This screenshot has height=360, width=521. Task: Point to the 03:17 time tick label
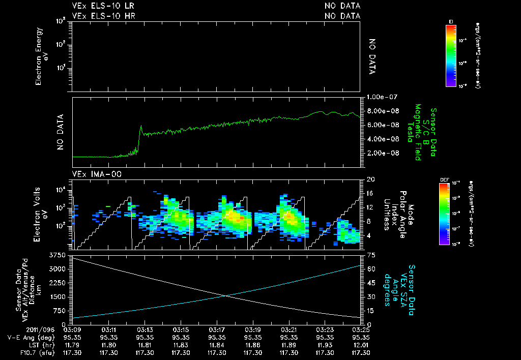pos(217,329)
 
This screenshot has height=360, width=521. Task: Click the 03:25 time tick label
pos(360,329)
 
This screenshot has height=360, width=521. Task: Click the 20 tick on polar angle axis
pos(370,179)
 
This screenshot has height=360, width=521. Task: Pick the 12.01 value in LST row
pos(360,344)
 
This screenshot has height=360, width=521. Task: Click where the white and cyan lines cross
pos(225,296)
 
